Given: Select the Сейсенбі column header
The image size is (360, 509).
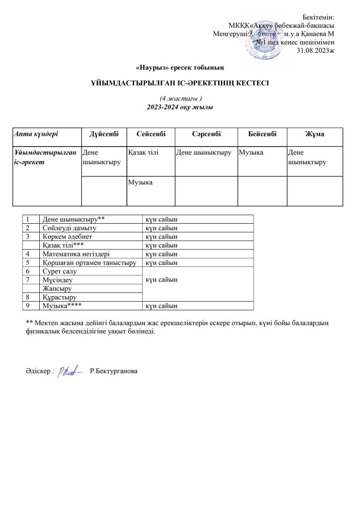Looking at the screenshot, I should [x=151, y=135].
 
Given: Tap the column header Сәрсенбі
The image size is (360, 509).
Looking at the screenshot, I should [x=206, y=135].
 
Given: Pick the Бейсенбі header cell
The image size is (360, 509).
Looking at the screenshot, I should [x=262, y=135].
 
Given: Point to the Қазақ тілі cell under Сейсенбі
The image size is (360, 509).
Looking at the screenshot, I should [x=143, y=151].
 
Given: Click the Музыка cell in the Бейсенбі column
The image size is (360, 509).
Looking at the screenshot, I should [x=251, y=151].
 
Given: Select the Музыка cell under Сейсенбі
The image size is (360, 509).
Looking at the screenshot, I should [x=140, y=182].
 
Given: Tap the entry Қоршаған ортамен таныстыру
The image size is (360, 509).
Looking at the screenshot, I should [x=90, y=262].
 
